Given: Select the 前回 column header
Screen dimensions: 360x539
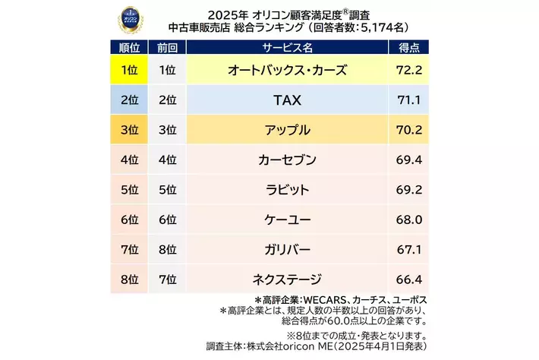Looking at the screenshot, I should coord(167,47).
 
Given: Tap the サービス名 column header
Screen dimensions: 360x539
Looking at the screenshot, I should coord(288,47).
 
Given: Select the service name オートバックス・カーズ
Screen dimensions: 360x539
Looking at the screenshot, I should coord(288,71).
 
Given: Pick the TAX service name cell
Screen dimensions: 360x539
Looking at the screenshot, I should coord(288,100).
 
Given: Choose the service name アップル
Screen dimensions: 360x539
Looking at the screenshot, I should coord(288,130).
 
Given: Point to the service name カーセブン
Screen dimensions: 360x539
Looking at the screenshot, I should coord(288,159).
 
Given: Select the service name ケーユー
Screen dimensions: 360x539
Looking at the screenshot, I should coord(288,219).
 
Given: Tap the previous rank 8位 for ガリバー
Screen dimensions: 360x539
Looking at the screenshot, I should coord(167,248).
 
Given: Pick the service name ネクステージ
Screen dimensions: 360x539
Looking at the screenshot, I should coord(288,278).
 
